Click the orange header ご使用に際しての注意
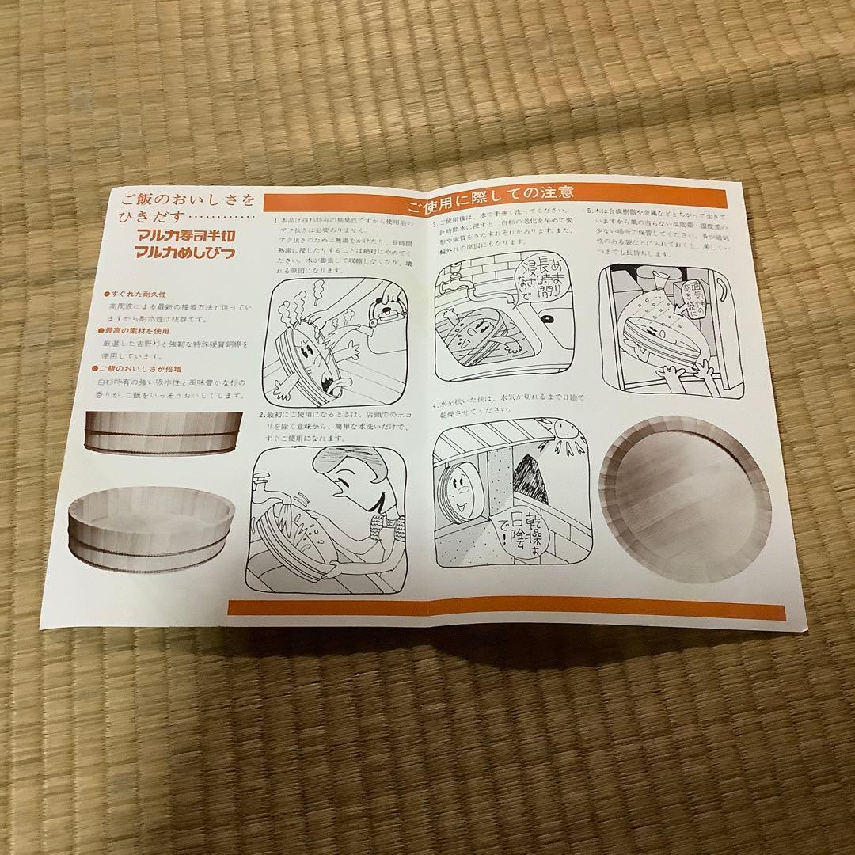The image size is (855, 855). click(491, 193)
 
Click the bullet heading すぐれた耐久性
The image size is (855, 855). click(134, 294)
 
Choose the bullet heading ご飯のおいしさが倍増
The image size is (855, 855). click(142, 368)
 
